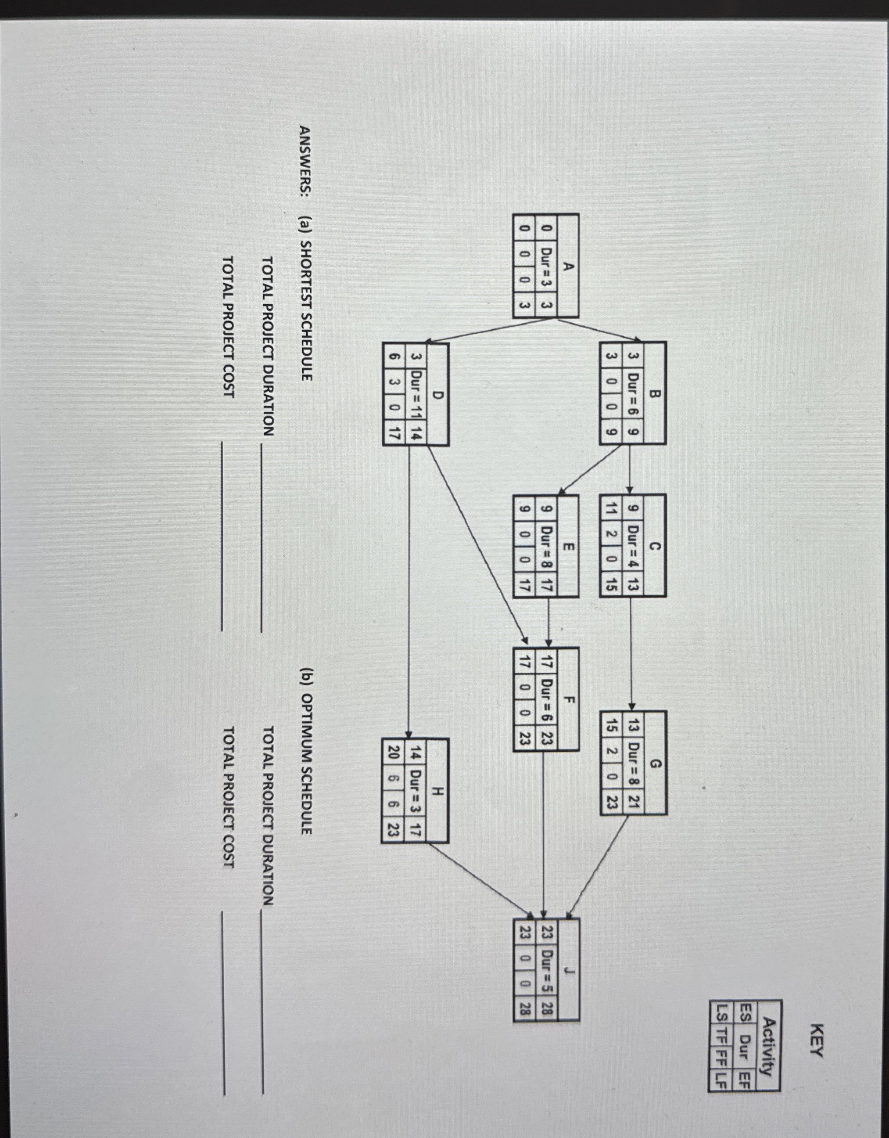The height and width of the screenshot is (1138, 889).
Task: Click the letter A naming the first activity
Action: tap(569, 266)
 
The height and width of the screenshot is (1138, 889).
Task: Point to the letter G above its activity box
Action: tap(656, 764)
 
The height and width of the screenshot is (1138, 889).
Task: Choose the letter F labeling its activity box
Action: tap(569, 699)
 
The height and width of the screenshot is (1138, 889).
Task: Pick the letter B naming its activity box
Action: tap(656, 393)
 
